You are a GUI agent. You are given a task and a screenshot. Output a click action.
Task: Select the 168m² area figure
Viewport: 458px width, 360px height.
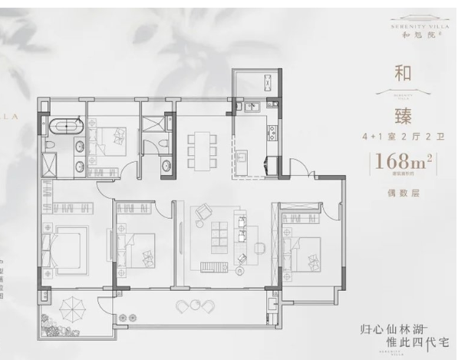398,163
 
